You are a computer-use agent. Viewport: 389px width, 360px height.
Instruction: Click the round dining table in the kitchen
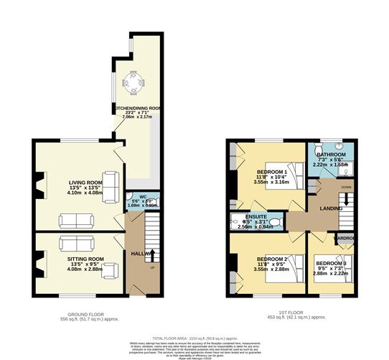(x=133, y=83)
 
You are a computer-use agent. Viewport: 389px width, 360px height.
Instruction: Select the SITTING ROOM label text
(x=86, y=259)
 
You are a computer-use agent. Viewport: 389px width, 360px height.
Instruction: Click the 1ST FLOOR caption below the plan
(x=286, y=313)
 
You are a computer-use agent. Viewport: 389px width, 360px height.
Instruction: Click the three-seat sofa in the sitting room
(x=75, y=242)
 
